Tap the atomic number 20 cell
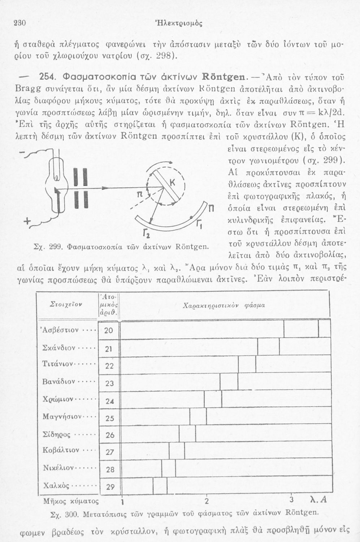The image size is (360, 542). point(109,330)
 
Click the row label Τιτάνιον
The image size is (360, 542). point(58,364)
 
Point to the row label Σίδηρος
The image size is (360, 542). point(57,434)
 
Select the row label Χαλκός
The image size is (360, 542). point(56,485)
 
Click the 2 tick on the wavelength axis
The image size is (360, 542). point(207,501)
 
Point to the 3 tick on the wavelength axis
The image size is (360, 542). point(292,500)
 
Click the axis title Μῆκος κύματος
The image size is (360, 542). point(71,501)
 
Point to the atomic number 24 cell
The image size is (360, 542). point(110,401)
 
